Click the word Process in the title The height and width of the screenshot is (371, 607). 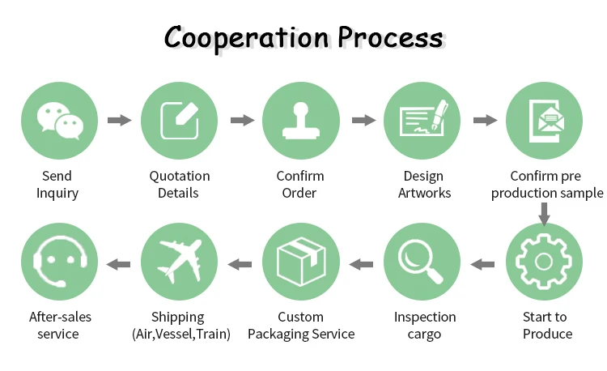pos(391,38)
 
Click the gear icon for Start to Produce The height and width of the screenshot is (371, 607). pos(545,262)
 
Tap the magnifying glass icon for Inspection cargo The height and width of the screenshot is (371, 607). pos(422,262)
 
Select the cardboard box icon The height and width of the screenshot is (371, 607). pos(301,262)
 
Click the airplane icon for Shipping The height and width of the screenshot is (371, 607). pos(180,262)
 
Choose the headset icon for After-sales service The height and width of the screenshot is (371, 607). pos(57,262)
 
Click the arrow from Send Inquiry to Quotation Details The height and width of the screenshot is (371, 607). pos(120,121)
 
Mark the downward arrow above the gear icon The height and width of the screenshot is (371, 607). pos(545,213)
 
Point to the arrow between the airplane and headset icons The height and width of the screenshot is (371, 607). pos(119,263)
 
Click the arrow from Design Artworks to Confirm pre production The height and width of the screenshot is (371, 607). pos(485,121)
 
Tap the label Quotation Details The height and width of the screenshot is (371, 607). pos(180,184)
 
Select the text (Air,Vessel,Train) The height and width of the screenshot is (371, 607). pos(180,334)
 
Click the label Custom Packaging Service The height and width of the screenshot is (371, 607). pos(301,325)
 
